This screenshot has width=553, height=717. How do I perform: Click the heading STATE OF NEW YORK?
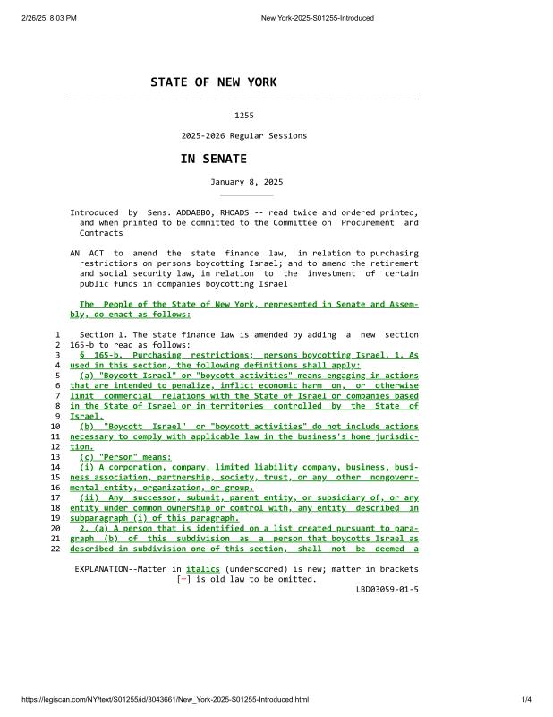point(213,82)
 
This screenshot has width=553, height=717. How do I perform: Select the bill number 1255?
point(243,116)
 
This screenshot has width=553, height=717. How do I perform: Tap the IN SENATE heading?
point(213,159)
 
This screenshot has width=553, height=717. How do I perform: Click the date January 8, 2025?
point(246,182)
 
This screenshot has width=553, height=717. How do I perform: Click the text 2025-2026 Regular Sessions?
point(243,136)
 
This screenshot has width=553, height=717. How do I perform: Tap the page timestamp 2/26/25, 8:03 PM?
point(44,18)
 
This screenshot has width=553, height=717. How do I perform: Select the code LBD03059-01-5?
point(387,589)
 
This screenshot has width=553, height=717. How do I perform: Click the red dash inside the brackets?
point(183,579)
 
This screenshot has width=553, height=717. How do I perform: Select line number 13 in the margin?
point(55,457)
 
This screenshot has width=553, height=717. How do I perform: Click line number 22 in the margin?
point(55,549)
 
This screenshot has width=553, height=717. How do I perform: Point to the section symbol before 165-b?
point(82,356)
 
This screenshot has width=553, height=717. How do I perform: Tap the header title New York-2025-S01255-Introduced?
point(317,18)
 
